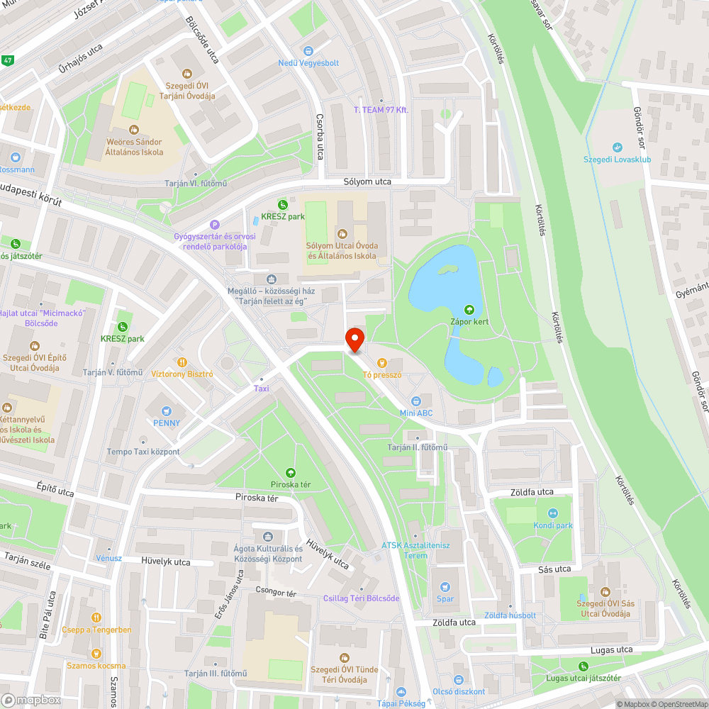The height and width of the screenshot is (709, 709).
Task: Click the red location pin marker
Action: [354, 340]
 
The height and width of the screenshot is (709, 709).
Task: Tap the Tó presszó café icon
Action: [382, 362]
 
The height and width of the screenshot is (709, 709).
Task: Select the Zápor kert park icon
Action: [468, 309]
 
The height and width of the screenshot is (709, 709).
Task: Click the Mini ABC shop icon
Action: [425, 401]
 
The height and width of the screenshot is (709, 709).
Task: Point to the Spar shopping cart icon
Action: [445, 587]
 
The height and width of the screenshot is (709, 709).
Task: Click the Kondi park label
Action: [553, 525]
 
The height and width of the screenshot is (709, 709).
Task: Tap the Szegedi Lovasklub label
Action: [617, 160]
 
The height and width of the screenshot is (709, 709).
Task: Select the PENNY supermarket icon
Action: [167, 411]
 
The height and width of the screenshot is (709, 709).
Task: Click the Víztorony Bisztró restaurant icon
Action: [182, 361]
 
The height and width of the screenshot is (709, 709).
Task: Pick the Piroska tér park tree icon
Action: [290, 472]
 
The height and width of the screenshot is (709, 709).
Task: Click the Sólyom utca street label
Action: [367, 182]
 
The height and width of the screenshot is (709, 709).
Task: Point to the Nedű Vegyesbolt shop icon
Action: [308, 51]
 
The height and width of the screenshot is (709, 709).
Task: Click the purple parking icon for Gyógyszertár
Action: [215, 225]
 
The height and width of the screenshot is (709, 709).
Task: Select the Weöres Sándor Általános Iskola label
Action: [135, 147]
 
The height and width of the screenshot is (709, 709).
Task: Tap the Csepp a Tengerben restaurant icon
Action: [96, 618]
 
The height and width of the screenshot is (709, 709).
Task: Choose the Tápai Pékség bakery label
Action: [401, 703]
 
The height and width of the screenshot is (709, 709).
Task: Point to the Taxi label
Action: [262, 389]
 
